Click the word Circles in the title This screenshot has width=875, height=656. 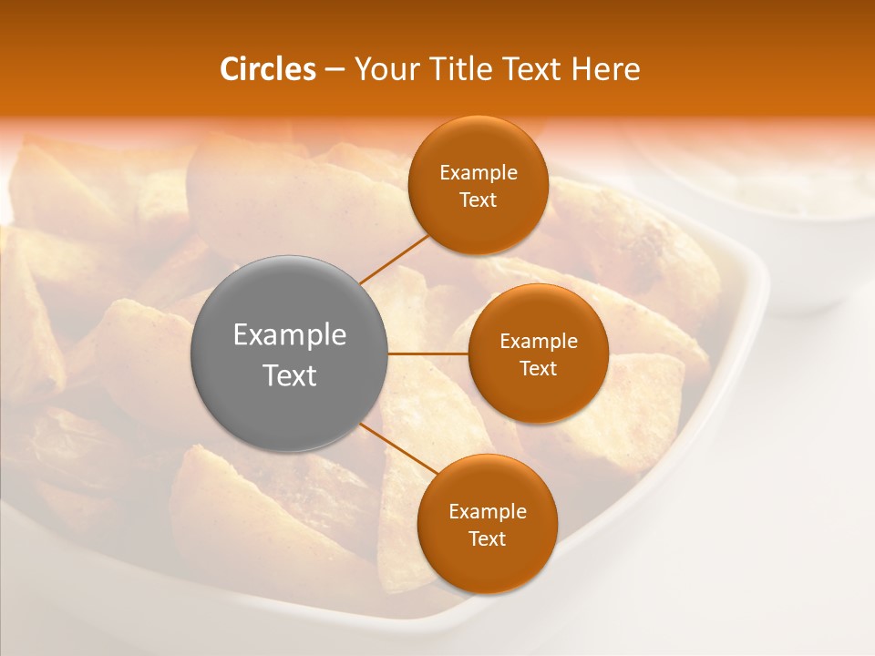pyautogui.click(x=267, y=69)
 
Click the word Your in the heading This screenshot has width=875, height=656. pyautogui.click(x=387, y=69)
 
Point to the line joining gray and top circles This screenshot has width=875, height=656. pyautogui.click(x=394, y=257)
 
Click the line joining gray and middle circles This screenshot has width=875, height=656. pyautogui.click(x=428, y=353)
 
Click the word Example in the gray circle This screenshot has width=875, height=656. pyautogui.click(x=290, y=335)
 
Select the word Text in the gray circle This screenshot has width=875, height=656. pyautogui.click(x=290, y=375)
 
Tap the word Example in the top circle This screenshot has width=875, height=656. pyautogui.click(x=479, y=173)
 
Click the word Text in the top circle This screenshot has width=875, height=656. pyautogui.click(x=479, y=200)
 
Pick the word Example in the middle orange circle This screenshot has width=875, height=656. pyautogui.click(x=538, y=342)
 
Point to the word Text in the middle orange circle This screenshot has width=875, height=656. pyautogui.click(x=538, y=369)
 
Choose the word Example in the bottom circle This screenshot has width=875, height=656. pyautogui.click(x=487, y=512)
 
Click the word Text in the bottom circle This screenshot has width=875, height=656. pyautogui.click(x=487, y=539)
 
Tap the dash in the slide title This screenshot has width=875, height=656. pyautogui.click(x=335, y=70)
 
